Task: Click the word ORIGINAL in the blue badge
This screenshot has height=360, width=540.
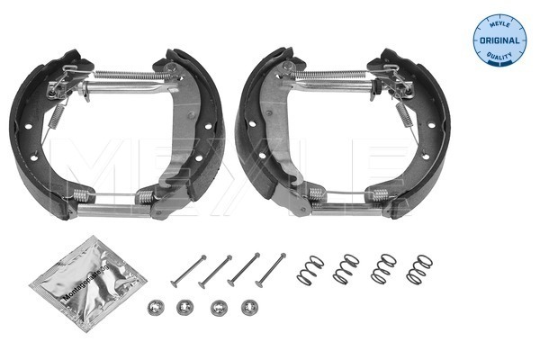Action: (499, 40)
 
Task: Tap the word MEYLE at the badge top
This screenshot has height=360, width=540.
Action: (499, 23)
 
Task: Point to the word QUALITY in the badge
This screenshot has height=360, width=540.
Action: (499, 56)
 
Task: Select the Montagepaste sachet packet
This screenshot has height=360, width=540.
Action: (88, 283)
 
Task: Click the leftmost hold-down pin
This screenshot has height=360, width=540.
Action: (188, 271)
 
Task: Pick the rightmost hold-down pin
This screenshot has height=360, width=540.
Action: (271, 270)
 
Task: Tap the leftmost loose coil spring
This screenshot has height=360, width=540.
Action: (310, 270)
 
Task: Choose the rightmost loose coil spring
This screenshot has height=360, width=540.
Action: (419, 270)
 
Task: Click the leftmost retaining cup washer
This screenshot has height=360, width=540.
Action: (156, 308)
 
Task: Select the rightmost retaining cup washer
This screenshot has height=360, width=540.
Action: (249, 307)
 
